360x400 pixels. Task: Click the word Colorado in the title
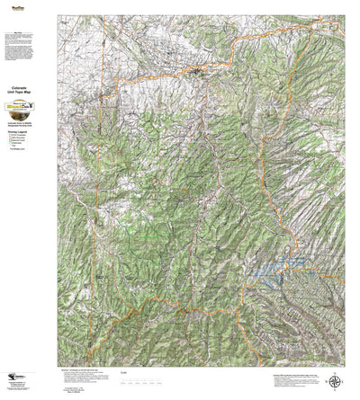pyautogui.click(x=31, y=88)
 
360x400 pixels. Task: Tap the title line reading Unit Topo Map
pyautogui.click(x=31, y=93)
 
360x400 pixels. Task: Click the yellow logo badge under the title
pyautogui.click(x=30, y=106)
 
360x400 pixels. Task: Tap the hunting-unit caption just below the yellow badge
pyautogui.click(x=30, y=117)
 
